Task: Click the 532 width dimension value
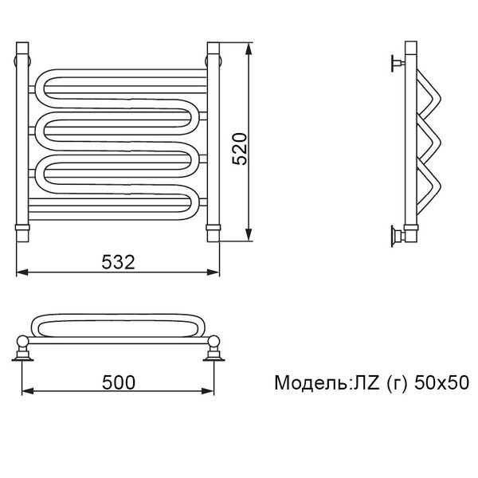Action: click(118, 262)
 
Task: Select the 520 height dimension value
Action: click(240, 149)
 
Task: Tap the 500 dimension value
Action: click(119, 382)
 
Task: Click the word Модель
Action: click(311, 382)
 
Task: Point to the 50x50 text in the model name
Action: click(441, 382)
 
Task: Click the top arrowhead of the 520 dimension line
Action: click(249, 49)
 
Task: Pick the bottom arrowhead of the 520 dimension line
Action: click(249, 234)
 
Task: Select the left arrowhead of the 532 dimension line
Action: click(22, 272)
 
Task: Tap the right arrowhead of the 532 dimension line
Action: click(213, 272)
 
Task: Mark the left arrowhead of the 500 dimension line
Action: click(29, 391)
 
